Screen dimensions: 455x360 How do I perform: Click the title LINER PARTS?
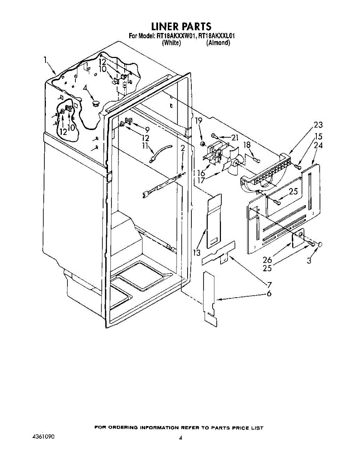[181, 27]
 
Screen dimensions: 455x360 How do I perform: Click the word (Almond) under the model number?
[218, 43]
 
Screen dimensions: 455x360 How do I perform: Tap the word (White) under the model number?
[171, 43]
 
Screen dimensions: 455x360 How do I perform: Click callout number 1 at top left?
[45, 60]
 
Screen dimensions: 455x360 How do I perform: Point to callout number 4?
[86, 88]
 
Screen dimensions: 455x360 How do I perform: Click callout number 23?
[318, 125]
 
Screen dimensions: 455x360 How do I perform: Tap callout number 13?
[197, 253]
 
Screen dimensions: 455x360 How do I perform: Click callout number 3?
[309, 261]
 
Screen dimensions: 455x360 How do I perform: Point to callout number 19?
[199, 121]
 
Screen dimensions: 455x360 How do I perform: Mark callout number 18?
[247, 144]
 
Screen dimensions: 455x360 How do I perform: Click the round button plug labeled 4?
[95, 102]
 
